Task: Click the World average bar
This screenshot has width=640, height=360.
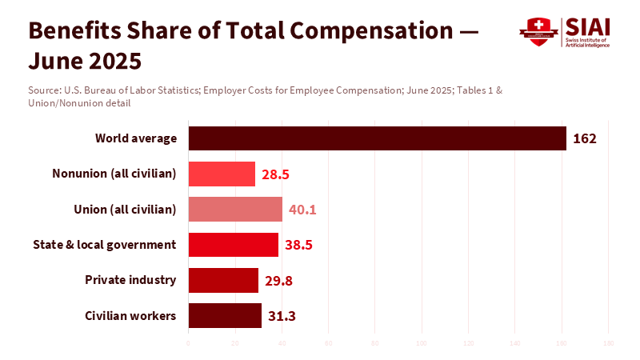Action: [x=377, y=138]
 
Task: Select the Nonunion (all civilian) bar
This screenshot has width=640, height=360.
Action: [x=222, y=174]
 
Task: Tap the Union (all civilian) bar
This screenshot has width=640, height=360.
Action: [x=235, y=210]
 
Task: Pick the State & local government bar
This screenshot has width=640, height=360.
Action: [x=233, y=245]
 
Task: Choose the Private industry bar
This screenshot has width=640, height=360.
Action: [x=223, y=280]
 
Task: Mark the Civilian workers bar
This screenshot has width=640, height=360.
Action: [x=225, y=315]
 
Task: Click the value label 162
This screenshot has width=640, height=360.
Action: [x=585, y=138]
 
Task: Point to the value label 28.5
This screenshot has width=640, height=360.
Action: [x=274, y=174]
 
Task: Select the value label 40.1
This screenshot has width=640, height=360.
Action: [x=302, y=210]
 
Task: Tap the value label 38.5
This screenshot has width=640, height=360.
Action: [x=298, y=245]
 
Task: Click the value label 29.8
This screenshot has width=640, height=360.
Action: [x=278, y=280]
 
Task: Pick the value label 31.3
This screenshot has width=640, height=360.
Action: [x=282, y=316]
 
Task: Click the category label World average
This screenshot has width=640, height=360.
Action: [x=135, y=138]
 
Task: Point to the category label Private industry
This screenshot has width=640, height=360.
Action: [x=130, y=280]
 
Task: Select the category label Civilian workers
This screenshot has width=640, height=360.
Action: [x=130, y=315]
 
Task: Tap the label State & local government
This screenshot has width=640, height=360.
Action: [x=104, y=245]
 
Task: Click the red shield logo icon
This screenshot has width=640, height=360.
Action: [x=538, y=32]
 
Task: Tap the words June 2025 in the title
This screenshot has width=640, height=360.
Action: [x=85, y=61]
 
